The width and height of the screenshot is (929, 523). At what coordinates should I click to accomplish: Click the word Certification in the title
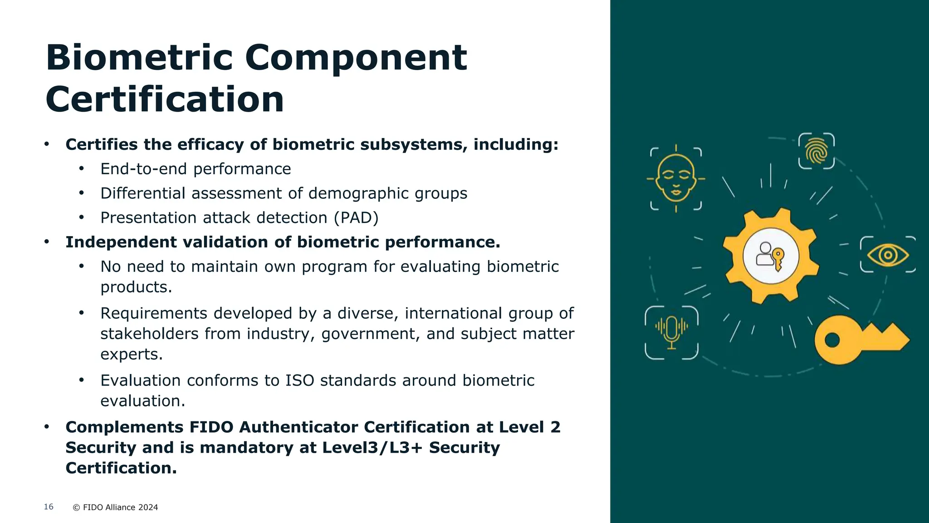pos(165,99)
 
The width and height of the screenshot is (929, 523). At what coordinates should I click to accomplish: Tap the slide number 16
pos(49,507)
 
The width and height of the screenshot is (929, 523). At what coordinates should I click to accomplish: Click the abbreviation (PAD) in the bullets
pos(356,218)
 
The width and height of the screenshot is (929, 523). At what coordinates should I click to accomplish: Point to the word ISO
pos(299,380)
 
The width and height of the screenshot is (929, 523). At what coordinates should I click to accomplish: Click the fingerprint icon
pos(817,151)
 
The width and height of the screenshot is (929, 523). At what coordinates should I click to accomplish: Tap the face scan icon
pos(676,178)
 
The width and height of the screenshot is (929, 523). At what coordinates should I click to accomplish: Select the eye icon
pos(888,255)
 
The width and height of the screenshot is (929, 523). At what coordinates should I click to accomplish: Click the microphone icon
pos(671,333)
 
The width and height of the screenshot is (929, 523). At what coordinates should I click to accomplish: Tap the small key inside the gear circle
pos(779,259)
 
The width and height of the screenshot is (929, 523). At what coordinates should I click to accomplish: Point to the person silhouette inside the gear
pos(765,254)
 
